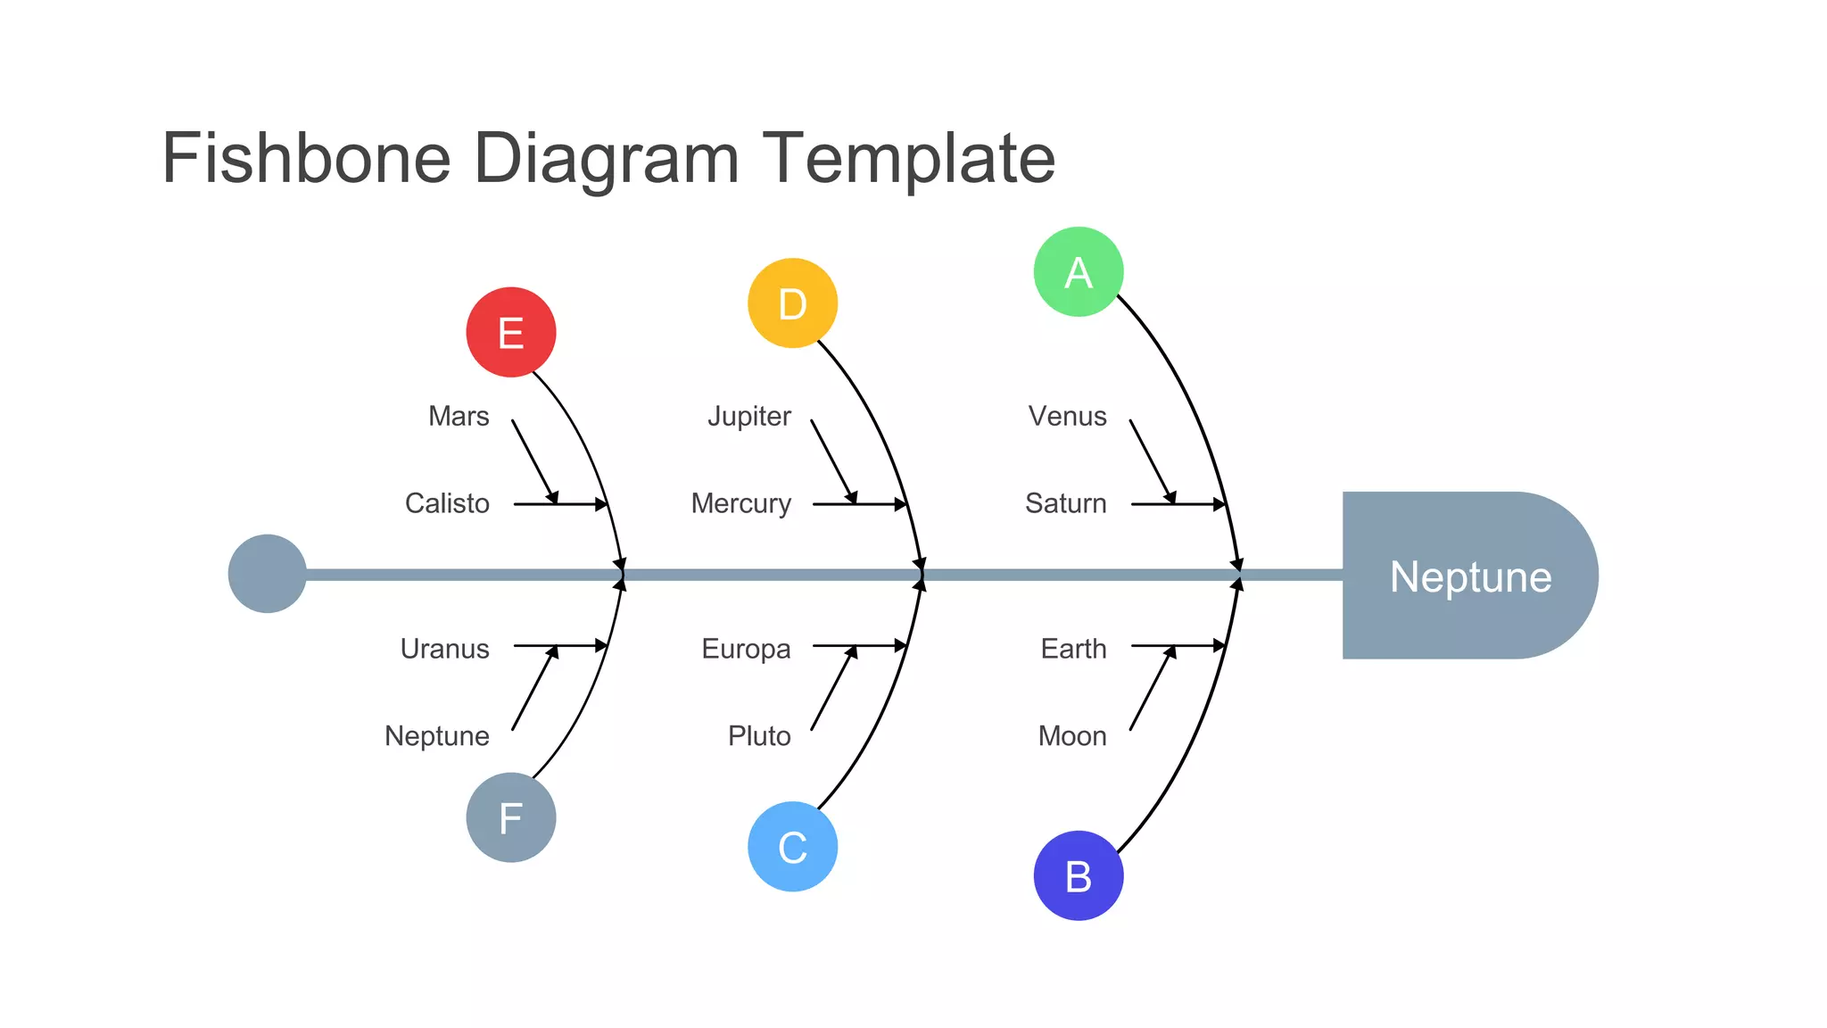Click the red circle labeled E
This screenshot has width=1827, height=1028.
coord(511,332)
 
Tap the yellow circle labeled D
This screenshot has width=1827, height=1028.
coord(792,303)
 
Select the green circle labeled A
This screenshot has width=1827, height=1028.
coord(1079,272)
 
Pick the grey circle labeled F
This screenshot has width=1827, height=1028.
coord(511,817)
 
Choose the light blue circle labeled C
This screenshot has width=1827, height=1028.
coord(792,847)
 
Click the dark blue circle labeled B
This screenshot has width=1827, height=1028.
coord(1079,875)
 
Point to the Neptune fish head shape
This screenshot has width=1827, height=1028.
coord(1469,576)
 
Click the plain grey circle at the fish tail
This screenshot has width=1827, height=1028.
coord(268,574)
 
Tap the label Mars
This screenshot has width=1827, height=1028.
coord(459,417)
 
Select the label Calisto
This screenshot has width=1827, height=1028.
coord(447,503)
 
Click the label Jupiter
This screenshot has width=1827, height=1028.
coord(749,417)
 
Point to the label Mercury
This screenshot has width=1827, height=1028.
coord(741,503)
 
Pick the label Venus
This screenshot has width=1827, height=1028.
coord(1067,417)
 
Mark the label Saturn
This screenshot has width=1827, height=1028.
coord(1066,503)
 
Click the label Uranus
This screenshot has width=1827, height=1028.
coord(444,649)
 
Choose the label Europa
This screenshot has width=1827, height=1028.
coord(746,649)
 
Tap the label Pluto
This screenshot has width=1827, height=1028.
coord(759,736)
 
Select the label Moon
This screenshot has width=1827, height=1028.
coord(1072,736)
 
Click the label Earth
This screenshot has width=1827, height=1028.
coord(1073,649)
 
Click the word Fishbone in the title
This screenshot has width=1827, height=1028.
coord(306,158)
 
